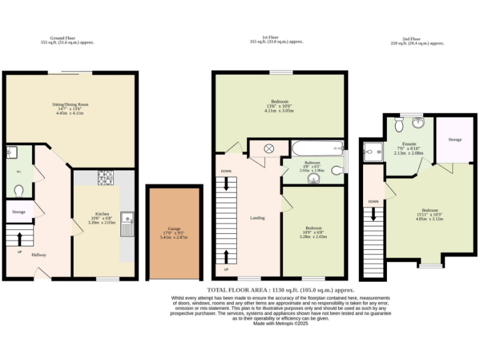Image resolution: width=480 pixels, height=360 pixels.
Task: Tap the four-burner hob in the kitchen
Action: click(x=105, y=177)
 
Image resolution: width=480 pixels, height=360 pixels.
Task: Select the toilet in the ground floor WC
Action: click(x=19, y=190)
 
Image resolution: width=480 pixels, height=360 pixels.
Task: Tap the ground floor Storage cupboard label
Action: click(x=19, y=212)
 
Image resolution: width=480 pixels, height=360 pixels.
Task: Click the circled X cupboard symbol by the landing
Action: click(x=269, y=149)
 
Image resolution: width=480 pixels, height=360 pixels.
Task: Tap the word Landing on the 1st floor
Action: click(x=257, y=218)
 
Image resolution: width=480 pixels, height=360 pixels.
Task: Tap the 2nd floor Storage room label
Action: click(x=454, y=139)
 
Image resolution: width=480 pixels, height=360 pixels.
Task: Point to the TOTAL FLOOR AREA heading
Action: click(x=281, y=291)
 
